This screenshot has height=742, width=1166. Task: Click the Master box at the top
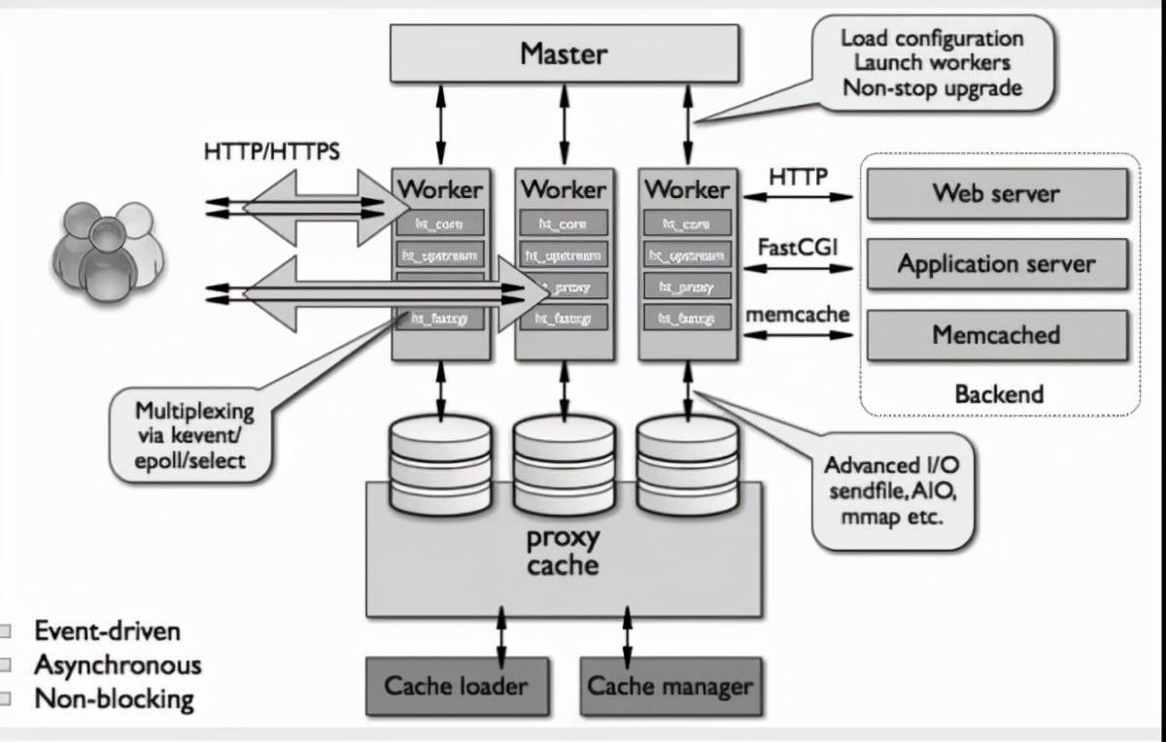click(564, 53)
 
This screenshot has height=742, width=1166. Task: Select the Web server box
click(997, 193)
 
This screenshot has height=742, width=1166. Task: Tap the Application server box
click(997, 264)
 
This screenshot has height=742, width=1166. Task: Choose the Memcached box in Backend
click(997, 335)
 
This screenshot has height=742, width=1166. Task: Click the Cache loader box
click(456, 686)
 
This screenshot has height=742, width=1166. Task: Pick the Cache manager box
click(670, 686)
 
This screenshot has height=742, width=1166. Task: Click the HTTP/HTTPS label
click(271, 153)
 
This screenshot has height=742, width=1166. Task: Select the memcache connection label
click(797, 315)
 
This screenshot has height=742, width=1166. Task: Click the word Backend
click(999, 394)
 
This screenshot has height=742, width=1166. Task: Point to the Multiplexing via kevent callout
click(193, 434)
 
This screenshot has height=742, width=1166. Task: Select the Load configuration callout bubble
click(931, 62)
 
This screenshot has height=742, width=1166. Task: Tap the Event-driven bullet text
click(107, 631)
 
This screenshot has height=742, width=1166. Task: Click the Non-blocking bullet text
click(114, 698)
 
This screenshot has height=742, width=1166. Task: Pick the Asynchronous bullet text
click(118, 665)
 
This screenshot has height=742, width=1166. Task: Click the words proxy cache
click(563, 551)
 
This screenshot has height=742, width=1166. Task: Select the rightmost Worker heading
click(686, 188)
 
